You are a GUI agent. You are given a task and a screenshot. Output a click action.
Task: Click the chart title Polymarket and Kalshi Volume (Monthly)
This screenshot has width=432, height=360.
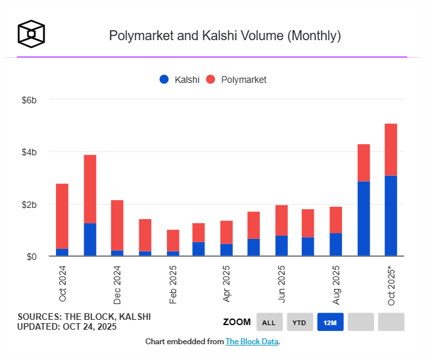(225, 36)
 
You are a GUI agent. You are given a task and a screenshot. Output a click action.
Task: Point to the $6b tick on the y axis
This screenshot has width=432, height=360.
(28, 100)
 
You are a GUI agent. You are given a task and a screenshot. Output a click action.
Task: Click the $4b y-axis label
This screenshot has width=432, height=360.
(28, 152)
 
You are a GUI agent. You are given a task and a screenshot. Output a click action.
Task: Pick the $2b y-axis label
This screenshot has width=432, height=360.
(28, 204)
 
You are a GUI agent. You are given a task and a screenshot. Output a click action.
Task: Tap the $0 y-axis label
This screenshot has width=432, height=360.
(30, 256)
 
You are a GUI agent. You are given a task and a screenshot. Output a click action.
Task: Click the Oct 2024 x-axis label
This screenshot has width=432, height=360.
(62, 284)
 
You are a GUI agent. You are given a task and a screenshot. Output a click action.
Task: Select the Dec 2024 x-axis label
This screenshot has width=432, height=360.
(117, 284)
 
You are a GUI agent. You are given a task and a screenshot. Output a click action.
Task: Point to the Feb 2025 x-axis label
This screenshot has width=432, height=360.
(172, 284)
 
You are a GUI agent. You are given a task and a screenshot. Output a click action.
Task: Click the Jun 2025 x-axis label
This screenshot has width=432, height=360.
(282, 284)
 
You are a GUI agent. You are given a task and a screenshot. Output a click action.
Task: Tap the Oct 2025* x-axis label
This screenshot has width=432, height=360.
(391, 285)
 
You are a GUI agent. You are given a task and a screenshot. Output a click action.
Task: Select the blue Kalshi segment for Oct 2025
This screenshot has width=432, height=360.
(391, 216)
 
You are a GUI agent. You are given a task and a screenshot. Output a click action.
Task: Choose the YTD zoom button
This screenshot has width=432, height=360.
(299, 322)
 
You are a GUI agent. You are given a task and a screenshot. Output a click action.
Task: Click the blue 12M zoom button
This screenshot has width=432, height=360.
(330, 322)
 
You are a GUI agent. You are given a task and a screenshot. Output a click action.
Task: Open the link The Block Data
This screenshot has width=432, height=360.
(252, 342)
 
